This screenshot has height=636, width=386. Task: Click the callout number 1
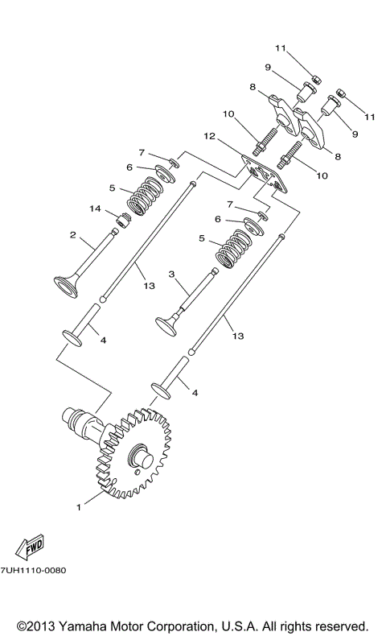pos(78,507)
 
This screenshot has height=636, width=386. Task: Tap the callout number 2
pos(72,236)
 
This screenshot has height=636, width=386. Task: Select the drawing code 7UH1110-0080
pos(34,570)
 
